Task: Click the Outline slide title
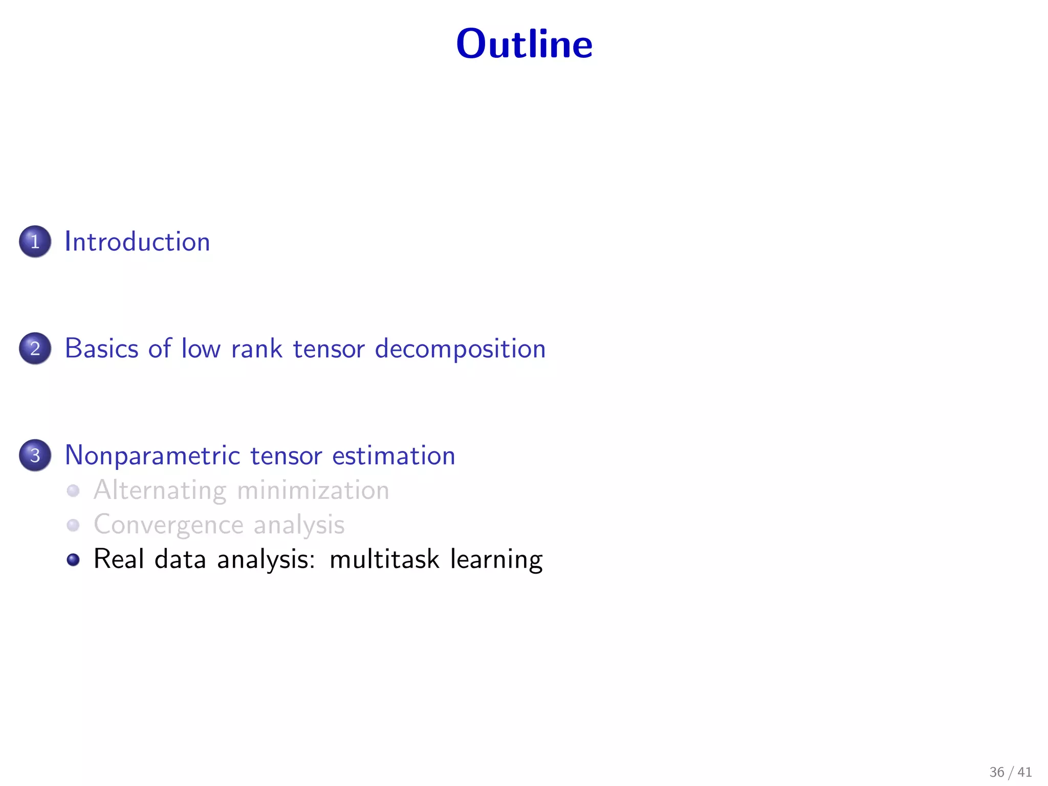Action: pyautogui.click(x=524, y=44)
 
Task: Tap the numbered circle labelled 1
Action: pyautogui.click(x=35, y=242)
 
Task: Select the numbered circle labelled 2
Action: pyautogui.click(x=35, y=348)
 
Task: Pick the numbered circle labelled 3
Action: pyautogui.click(x=35, y=455)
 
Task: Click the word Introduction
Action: pyautogui.click(x=137, y=242)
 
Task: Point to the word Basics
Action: pyautogui.click(x=101, y=348)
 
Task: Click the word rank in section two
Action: pyautogui.click(x=256, y=348)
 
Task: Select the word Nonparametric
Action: pyautogui.click(x=152, y=455)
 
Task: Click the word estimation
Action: pyautogui.click(x=394, y=455)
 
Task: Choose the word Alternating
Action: pyautogui.click(x=160, y=491)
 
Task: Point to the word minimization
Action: pyautogui.click(x=313, y=490)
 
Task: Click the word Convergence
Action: pyautogui.click(x=168, y=525)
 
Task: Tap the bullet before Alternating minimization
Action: pyautogui.click(x=73, y=491)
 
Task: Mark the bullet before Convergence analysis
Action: pyautogui.click(x=73, y=525)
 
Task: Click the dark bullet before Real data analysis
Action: pyautogui.click(x=73, y=559)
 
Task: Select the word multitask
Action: pyautogui.click(x=384, y=559)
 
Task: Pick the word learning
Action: pyautogui.click(x=496, y=560)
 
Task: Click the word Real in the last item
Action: pyautogui.click(x=118, y=559)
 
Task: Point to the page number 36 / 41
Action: pyautogui.click(x=1010, y=772)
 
